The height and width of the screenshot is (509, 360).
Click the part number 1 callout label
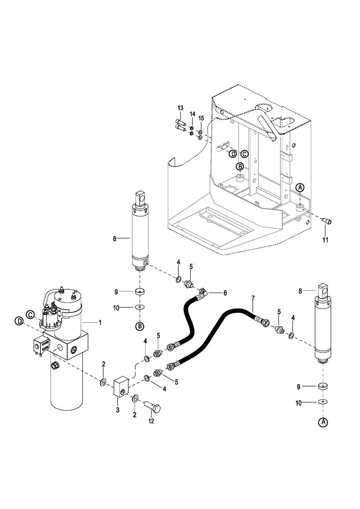pyautogui.click(x=100, y=323)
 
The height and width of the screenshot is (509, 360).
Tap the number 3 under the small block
pyautogui.click(x=118, y=410)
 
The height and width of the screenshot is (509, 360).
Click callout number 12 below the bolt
pyautogui.click(x=151, y=421)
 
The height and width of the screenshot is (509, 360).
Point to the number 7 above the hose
pyautogui.click(x=252, y=298)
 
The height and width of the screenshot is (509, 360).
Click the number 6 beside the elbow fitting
pyautogui.click(x=225, y=293)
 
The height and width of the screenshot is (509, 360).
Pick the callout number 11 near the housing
pyautogui.click(x=326, y=240)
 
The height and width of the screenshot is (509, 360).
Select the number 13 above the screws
pyautogui.click(x=180, y=108)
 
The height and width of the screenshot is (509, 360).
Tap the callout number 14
pyautogui.click(x=192, y=114)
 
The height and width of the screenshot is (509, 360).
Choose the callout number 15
pyautogui.click(x=201, y=118)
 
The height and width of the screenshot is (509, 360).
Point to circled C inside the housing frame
pyautogui.click(x=244, y=154)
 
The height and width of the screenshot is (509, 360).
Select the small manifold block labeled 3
pyautogui.click(x=121, y=386)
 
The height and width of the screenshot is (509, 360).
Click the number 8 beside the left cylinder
pyautogui.click(x=115, y=238)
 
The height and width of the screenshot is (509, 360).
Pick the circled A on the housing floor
pyautogui.click(x=300, y=187)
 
